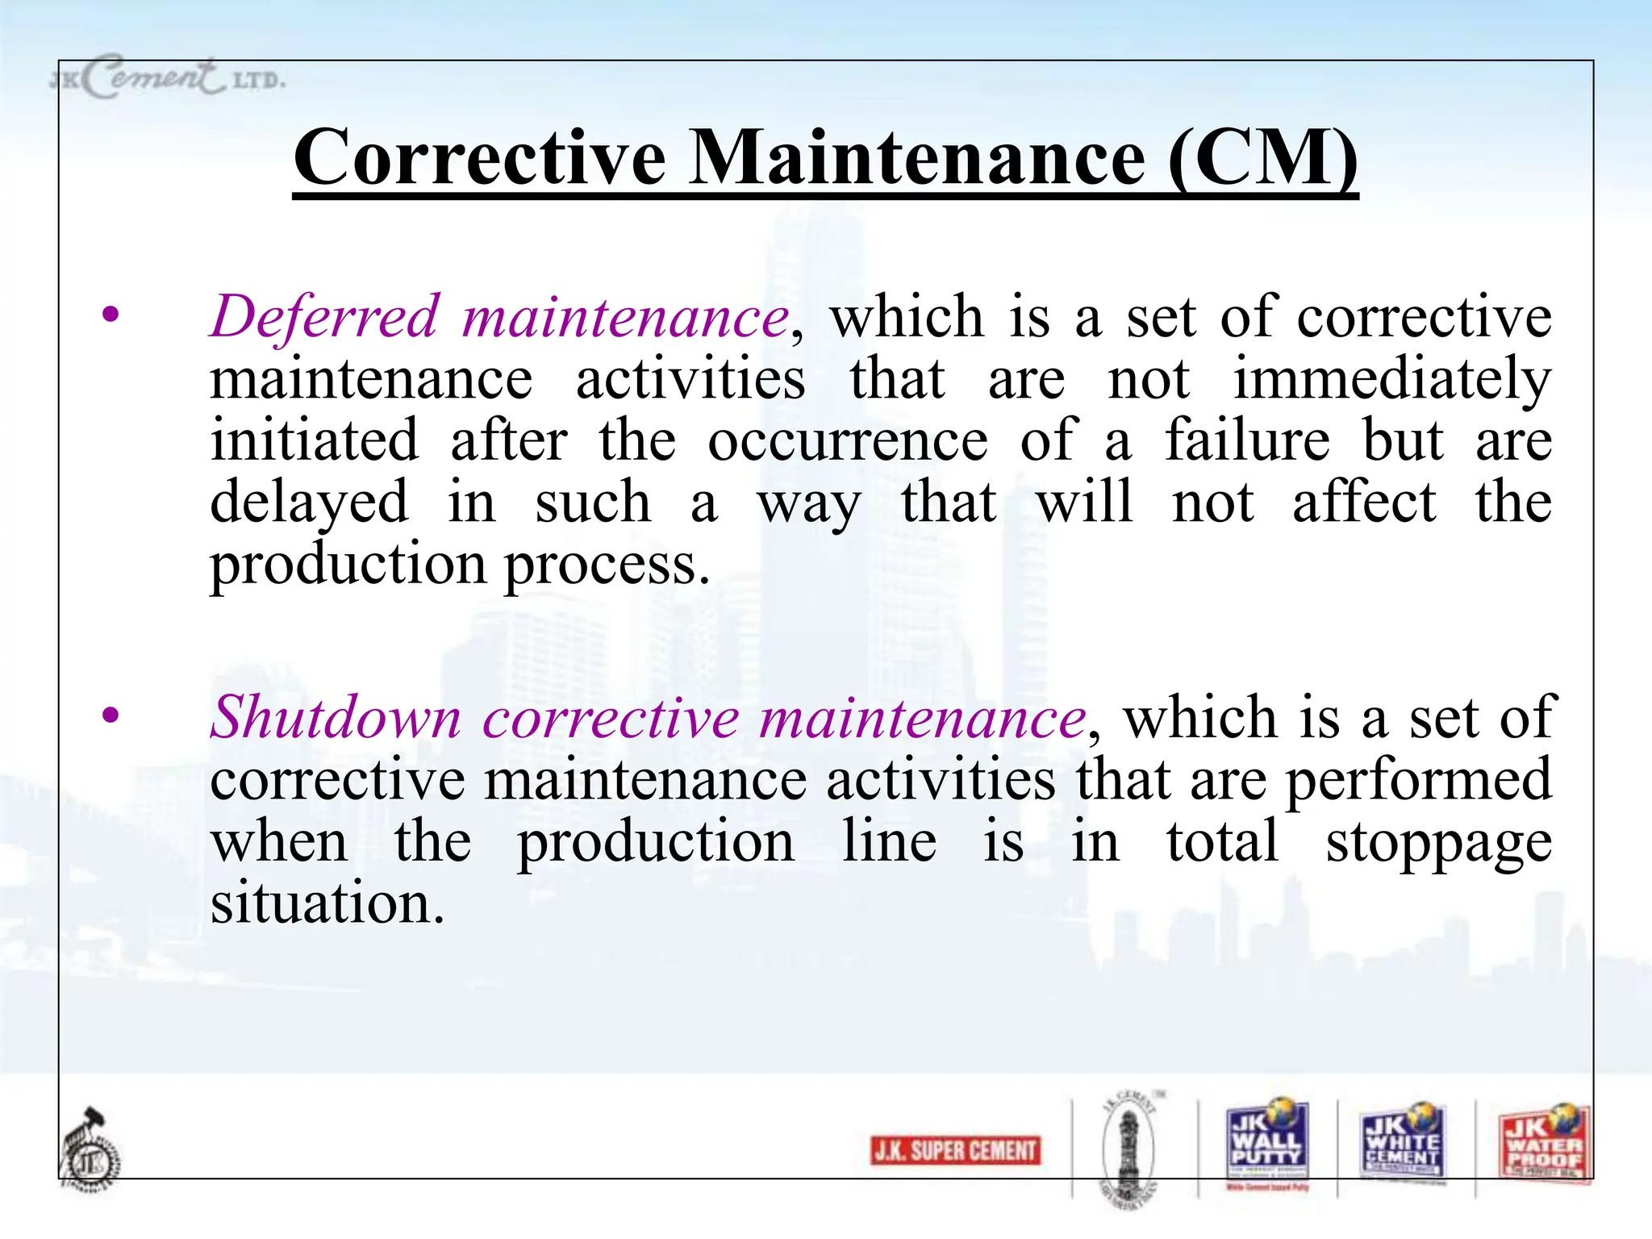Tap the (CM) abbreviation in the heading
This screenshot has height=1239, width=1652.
point(1262,158)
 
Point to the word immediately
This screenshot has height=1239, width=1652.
point(1392,379)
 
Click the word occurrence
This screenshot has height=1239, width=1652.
point(848,441)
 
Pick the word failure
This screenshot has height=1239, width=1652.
point(1247,441)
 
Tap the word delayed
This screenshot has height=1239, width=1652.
point(310,503)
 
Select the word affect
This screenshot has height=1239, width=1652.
point(1364,503)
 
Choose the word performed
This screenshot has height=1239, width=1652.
point(1418,780)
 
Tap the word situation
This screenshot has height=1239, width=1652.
point(326,903)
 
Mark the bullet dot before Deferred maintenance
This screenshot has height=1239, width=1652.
point(111,314)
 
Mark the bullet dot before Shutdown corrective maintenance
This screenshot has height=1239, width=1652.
point(111,715)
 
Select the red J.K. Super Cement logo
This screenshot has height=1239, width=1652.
point(955,1149)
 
